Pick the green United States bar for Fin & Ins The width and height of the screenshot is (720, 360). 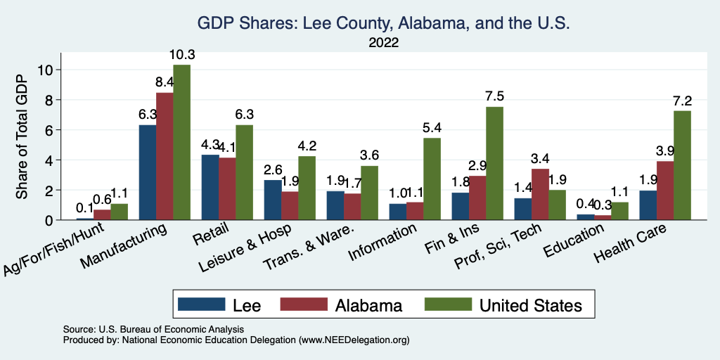point(494,163)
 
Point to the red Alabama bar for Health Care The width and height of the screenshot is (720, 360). point(664,191)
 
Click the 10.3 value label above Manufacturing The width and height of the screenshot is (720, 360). point(181,55)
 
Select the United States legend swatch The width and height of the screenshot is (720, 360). point(448,304)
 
